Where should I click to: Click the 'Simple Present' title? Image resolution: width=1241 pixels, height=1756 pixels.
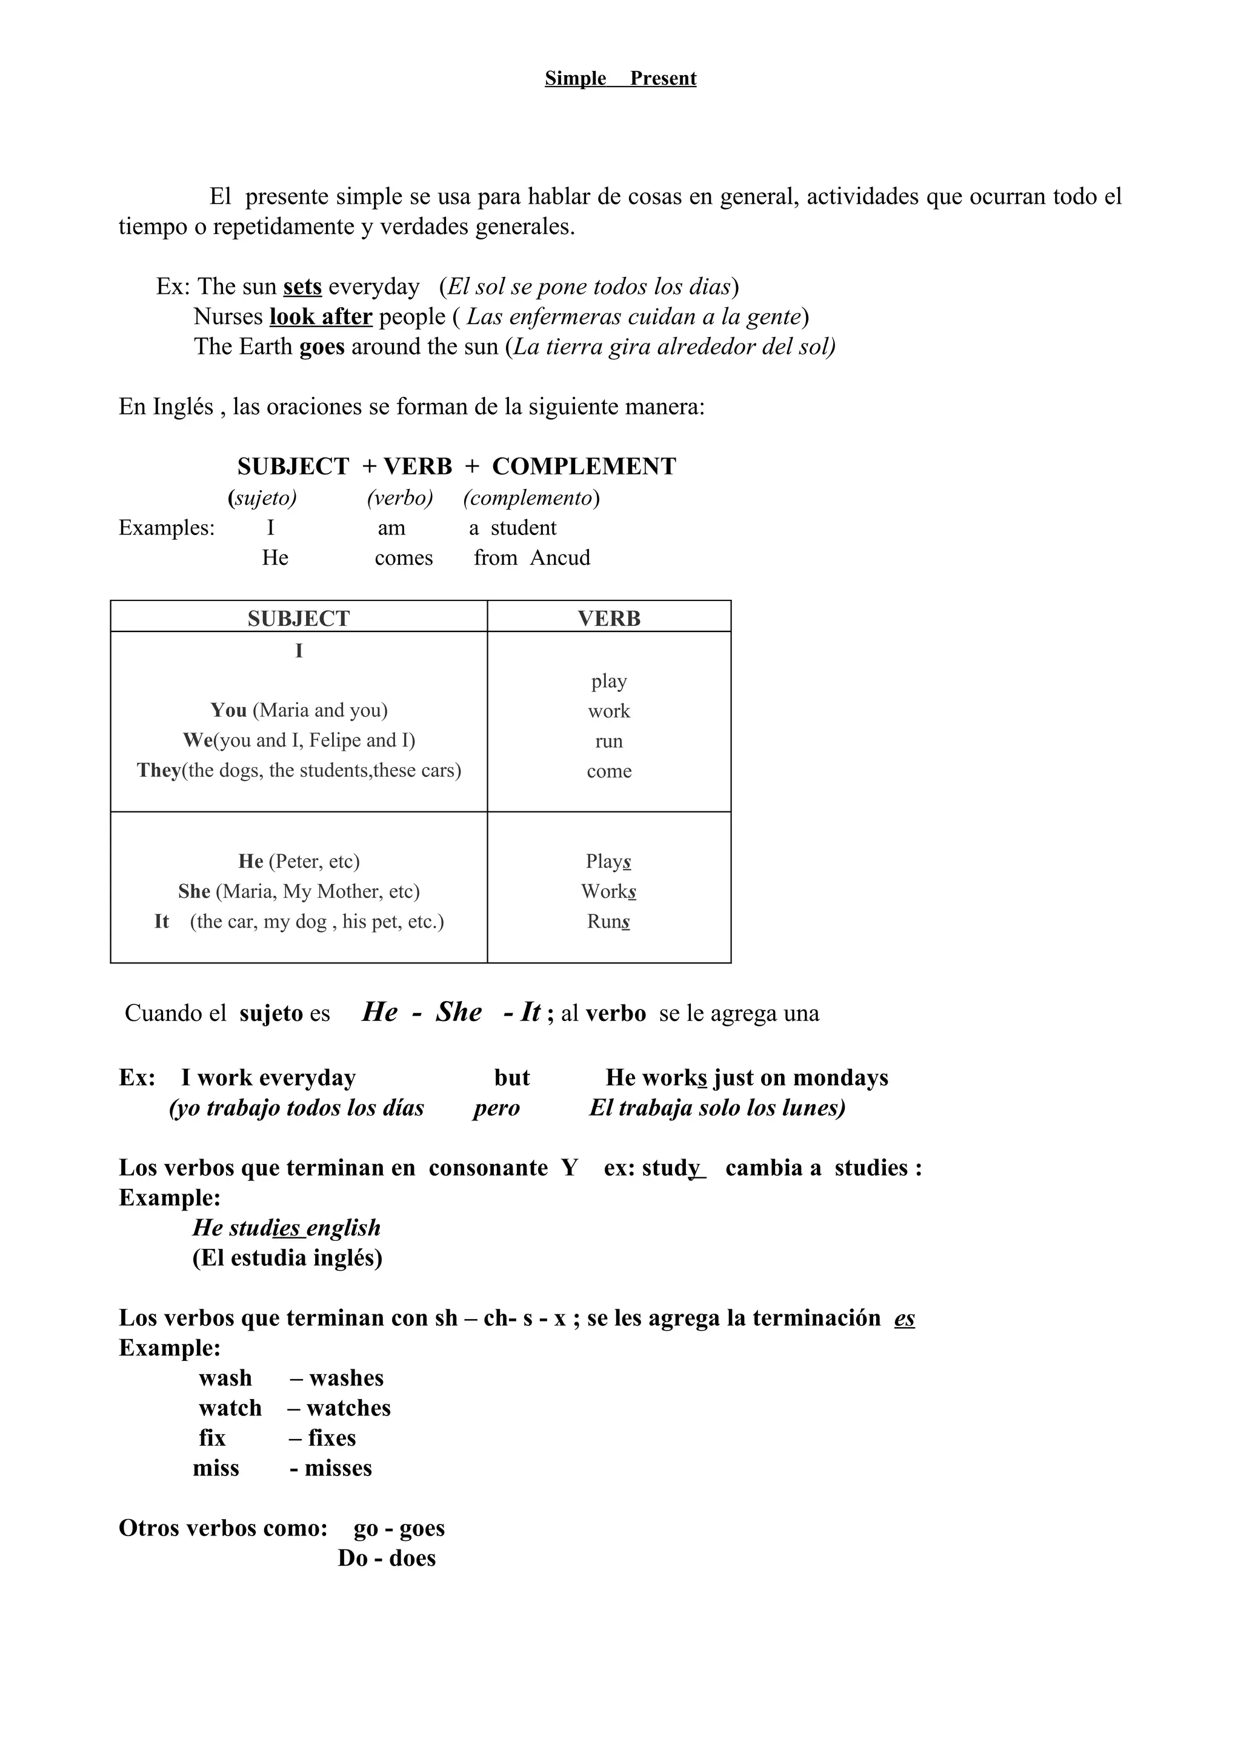620,79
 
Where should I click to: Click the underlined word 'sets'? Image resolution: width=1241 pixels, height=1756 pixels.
302,287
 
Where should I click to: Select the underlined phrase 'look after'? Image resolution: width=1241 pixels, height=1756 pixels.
321,317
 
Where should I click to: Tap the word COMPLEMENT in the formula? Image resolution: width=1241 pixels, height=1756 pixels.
584,467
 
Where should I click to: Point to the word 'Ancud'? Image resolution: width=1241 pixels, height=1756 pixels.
560,557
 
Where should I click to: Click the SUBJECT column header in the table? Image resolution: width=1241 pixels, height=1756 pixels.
298,618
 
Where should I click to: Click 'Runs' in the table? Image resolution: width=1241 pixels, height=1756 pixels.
608,921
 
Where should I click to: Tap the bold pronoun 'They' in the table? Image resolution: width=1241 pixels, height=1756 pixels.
158,770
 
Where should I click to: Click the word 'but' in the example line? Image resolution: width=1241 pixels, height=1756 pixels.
511,1077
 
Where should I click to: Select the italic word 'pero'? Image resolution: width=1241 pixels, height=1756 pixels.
496,1108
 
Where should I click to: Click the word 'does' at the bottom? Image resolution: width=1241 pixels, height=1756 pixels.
412,1558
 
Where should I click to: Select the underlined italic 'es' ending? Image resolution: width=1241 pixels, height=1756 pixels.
904,1318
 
